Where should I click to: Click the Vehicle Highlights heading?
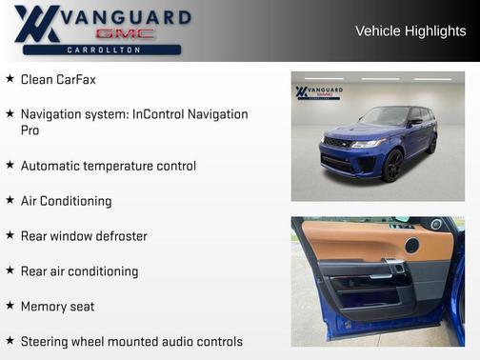(410, 30)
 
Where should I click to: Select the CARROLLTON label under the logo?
(105, 50)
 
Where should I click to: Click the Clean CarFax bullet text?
(58, 79)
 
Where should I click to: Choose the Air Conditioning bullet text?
(66, 201)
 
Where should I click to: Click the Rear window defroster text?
(84, 236)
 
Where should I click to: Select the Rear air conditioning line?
(79, 271)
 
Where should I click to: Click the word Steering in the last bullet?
(46, 341)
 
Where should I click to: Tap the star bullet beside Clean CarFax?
(10, 79)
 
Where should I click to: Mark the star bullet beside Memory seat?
(10, 306)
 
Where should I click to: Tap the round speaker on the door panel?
(411, 246)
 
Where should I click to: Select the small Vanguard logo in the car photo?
(319, 93)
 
